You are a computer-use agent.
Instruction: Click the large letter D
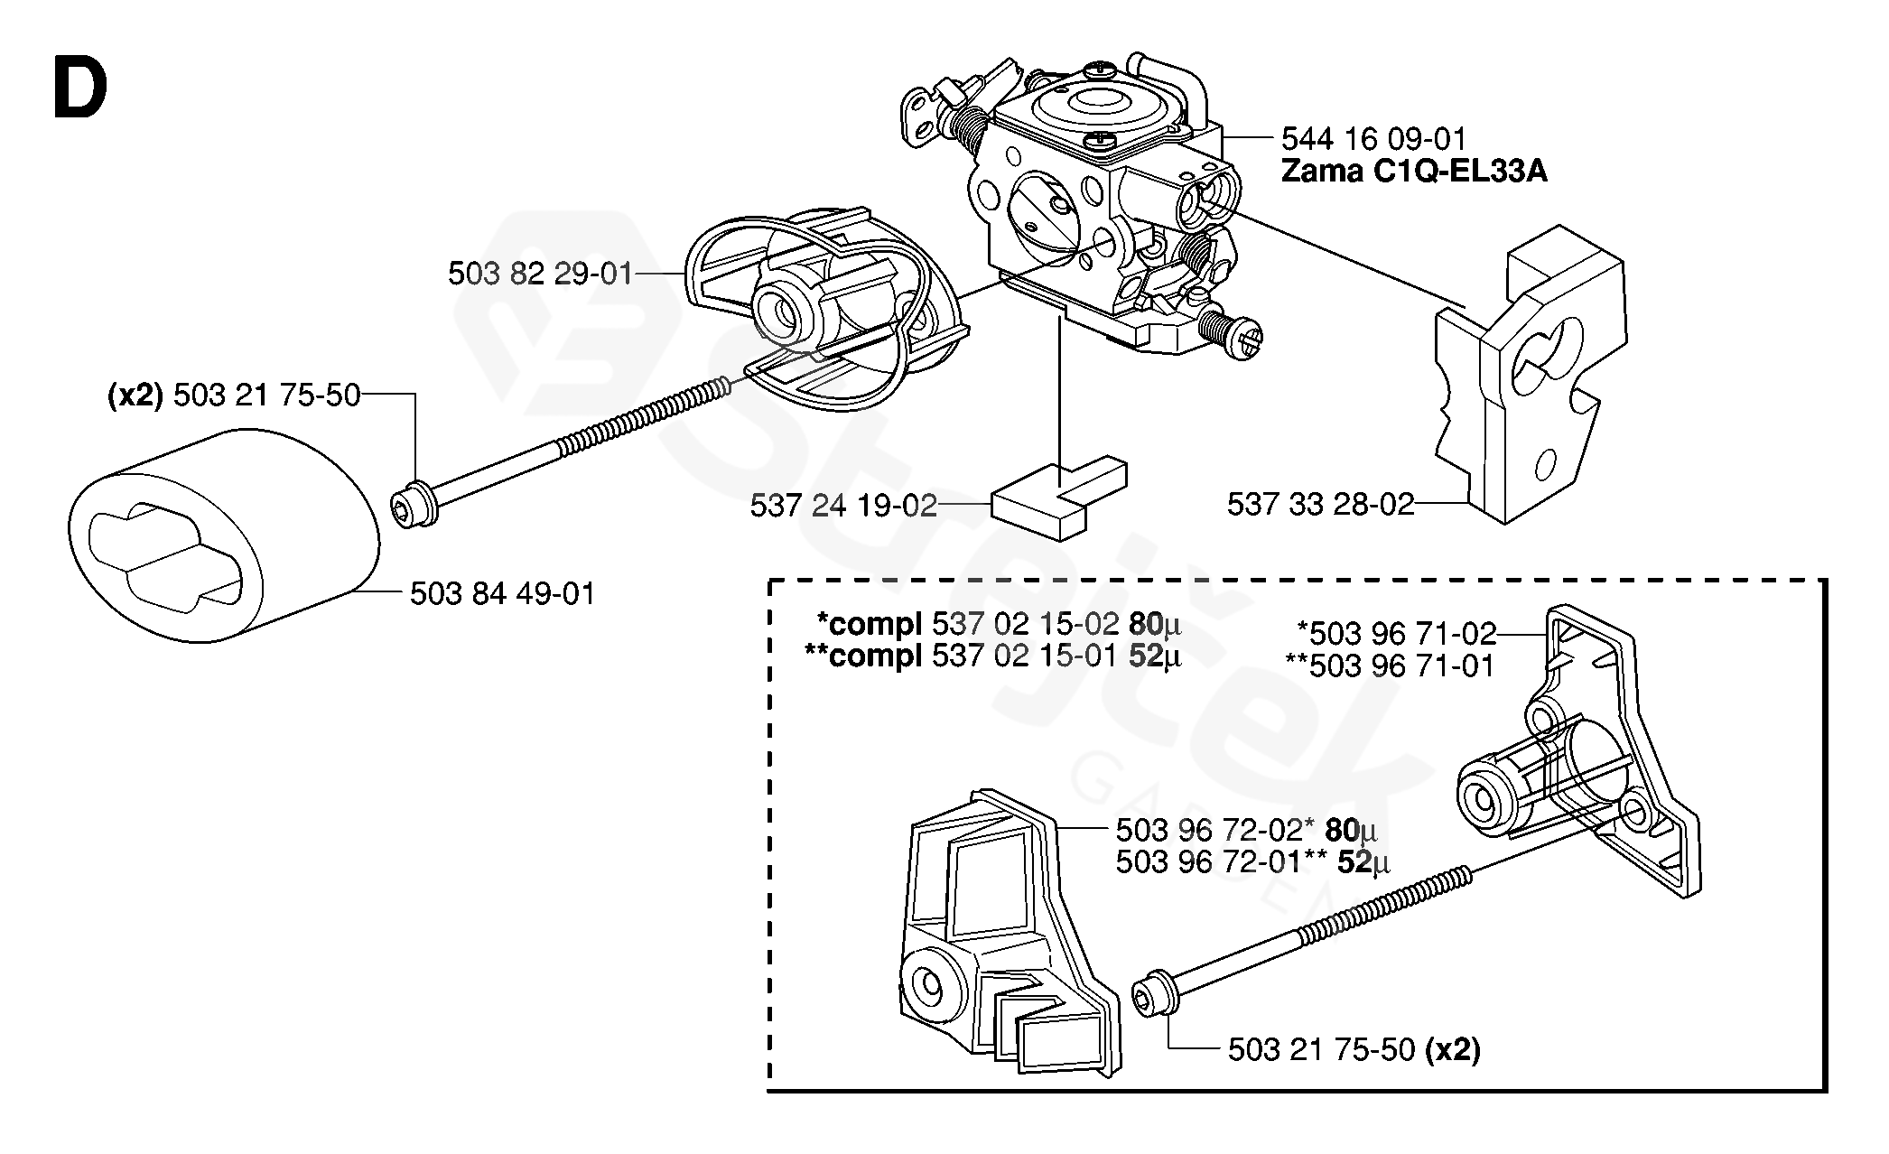tap(80, 88)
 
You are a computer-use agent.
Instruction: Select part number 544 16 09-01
tap(1373, 138)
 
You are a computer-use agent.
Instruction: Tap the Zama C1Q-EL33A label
tap(1414, 171)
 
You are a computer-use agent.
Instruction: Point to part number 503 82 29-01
tap(540, 274)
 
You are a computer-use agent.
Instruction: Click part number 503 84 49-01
tap(502, 594)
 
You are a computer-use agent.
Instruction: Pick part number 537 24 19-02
tap(843, 506)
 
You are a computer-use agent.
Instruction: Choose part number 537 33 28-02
tap(1320, 504)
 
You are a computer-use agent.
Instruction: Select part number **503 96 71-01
tap(1390, 665)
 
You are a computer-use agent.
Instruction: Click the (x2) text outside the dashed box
tap(135, 396)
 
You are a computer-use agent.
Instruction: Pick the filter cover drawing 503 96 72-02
tap(1002, 939)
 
